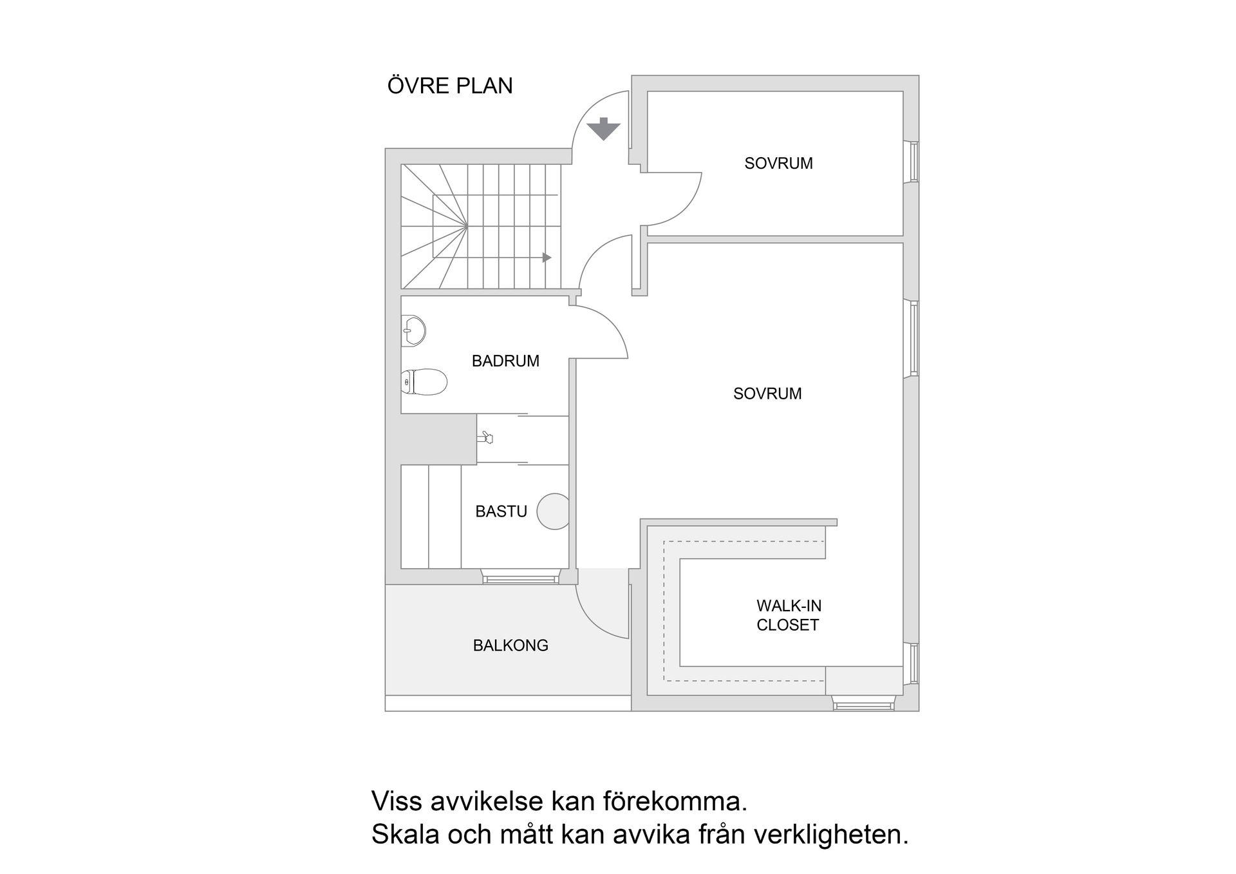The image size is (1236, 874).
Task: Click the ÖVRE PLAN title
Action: [450, 85]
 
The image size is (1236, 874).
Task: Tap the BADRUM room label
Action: [505, 361]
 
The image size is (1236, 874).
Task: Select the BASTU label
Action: [501, 511]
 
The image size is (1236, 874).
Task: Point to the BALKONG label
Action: [510, 645]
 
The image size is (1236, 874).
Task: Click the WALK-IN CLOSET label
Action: [789, 615]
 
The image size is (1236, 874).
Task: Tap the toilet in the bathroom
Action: [424, 382]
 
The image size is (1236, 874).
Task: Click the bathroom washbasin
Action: [413, 330]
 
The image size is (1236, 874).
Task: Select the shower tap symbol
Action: [485, 438]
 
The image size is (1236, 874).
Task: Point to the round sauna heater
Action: [554, 511]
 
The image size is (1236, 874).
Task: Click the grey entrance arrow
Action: [603, 129]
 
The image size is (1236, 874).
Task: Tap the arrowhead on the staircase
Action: [547, 258]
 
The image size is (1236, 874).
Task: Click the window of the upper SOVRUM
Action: [912, 162]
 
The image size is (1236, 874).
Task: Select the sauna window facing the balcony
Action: [520, 579]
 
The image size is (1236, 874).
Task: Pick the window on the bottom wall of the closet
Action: [863, 705]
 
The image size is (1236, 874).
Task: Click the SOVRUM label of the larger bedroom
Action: [767, 394]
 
